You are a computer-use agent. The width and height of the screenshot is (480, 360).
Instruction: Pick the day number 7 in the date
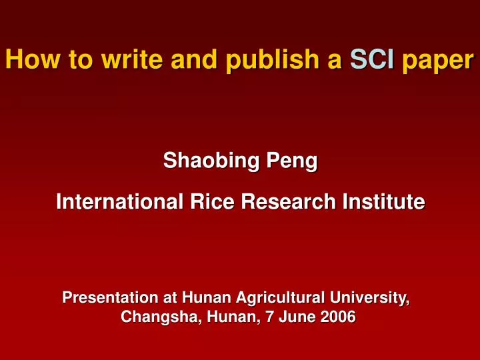270,317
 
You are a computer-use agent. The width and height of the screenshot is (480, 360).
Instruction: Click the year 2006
338,317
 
